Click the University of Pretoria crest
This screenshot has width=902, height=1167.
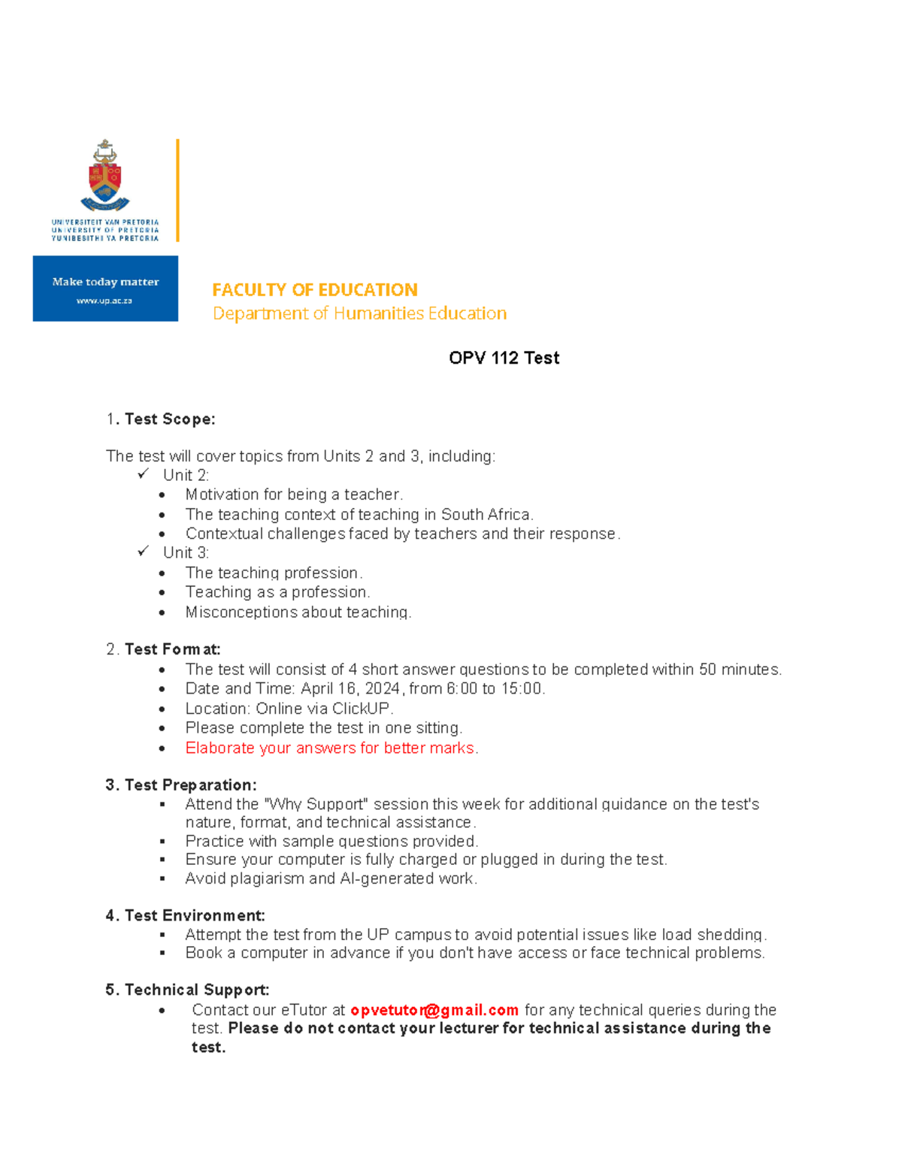105,177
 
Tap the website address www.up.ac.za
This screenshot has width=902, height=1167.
104,301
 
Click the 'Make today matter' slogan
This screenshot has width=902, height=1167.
105,282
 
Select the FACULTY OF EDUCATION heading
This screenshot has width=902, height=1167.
314,290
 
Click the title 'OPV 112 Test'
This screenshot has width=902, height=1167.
504,358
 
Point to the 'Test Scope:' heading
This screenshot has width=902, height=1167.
170,419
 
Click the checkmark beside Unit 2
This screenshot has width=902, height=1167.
144,474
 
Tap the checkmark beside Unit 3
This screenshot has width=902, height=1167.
144,552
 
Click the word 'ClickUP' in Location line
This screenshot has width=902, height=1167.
361,709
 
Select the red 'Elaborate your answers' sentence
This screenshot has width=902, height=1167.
331,748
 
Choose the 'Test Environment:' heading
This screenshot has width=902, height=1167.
195,915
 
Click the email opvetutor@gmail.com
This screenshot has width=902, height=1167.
434,1010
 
